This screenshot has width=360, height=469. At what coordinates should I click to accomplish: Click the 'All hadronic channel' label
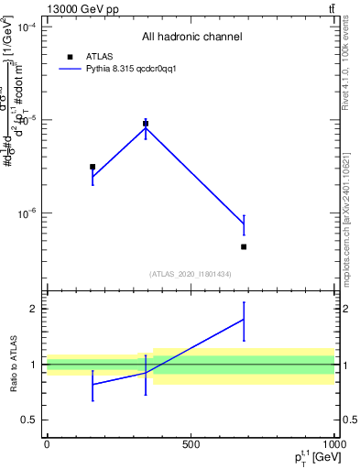coord(191,38)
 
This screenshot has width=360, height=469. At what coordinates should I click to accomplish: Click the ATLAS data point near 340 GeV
coord(146,123)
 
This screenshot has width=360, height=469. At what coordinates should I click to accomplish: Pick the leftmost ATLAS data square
coord(93,167)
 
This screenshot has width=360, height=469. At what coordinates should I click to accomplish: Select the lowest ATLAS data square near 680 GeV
coord(244,246)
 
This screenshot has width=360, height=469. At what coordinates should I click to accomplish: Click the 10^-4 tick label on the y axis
coord(26,27)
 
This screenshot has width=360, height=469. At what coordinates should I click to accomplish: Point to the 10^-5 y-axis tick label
coord(26,121)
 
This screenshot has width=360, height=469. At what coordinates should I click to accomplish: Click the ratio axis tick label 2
coord(32,309)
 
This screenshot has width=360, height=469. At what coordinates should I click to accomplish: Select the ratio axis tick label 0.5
coord(29,420)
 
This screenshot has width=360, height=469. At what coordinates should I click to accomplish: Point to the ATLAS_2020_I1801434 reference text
coord(191,274)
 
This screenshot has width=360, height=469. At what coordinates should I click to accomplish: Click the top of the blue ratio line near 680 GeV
coord(244,302)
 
